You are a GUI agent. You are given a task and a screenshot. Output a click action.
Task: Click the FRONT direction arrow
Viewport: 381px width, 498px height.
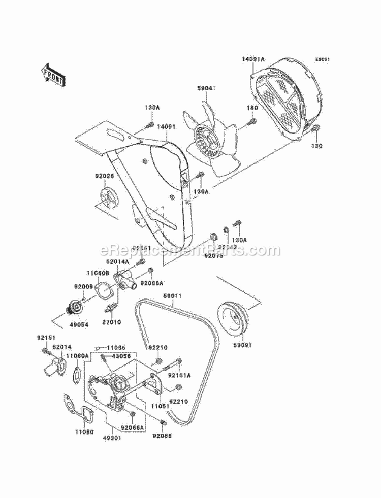pos(53,74)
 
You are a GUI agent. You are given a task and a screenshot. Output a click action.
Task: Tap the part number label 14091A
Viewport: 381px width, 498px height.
pos(253,60)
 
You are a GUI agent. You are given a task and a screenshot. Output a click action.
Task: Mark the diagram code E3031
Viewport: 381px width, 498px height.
pos(322,59)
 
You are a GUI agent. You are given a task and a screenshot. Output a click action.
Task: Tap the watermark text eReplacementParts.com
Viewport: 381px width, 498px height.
pos(190,250)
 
